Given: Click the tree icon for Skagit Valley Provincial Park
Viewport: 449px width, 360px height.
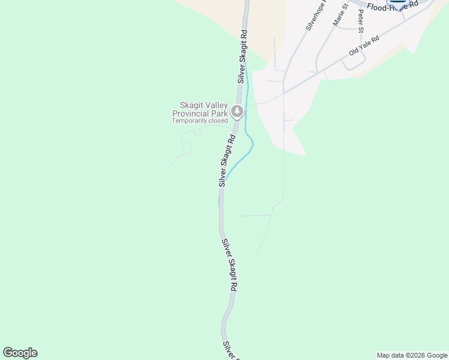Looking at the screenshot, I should coord(237,112).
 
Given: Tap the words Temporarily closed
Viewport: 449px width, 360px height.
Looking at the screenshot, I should coord(200,121).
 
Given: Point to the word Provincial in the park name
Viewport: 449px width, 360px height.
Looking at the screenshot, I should coord(190,113).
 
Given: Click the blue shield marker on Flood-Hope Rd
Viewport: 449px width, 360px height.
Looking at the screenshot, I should coord(399,2).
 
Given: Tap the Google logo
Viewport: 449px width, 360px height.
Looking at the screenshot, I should coord(20,353).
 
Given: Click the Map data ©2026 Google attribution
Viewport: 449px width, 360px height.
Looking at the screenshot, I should coord(412,355).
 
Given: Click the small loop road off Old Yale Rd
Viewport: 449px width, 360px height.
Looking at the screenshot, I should coord(354,63).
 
